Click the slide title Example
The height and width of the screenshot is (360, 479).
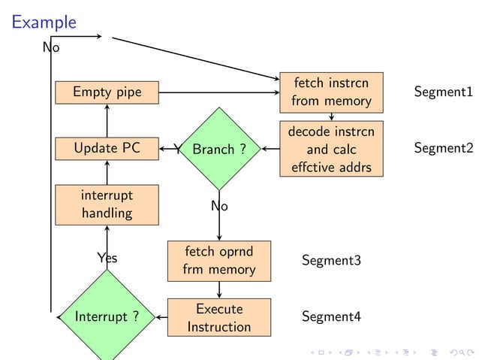(44, 22)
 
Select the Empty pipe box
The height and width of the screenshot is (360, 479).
(107, 92)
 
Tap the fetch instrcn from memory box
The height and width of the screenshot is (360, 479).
(331, 91)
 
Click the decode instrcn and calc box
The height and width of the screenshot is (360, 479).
(331, 149)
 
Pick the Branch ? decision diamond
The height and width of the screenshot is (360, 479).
(219, 150)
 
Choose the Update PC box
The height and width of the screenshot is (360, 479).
(107, 149)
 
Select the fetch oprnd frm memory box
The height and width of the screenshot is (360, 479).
(218, 259)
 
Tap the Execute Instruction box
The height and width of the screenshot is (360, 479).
(218, 317)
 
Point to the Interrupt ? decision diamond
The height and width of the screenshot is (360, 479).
(107, 316)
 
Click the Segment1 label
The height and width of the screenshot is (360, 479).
(443, 92)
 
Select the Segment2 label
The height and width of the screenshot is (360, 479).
(443, 148)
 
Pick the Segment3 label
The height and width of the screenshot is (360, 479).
(331, 260)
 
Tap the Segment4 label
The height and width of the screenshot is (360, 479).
(331, 316)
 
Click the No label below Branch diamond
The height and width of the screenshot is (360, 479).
(219, 205)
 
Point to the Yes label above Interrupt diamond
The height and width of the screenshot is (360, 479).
(107, 258)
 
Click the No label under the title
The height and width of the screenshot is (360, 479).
(50, 47)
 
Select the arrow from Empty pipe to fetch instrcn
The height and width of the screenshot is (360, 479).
(218, 92)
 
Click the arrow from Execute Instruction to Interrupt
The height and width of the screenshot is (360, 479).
(161, 317)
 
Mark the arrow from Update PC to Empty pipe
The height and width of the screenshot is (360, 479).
(107, 120)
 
